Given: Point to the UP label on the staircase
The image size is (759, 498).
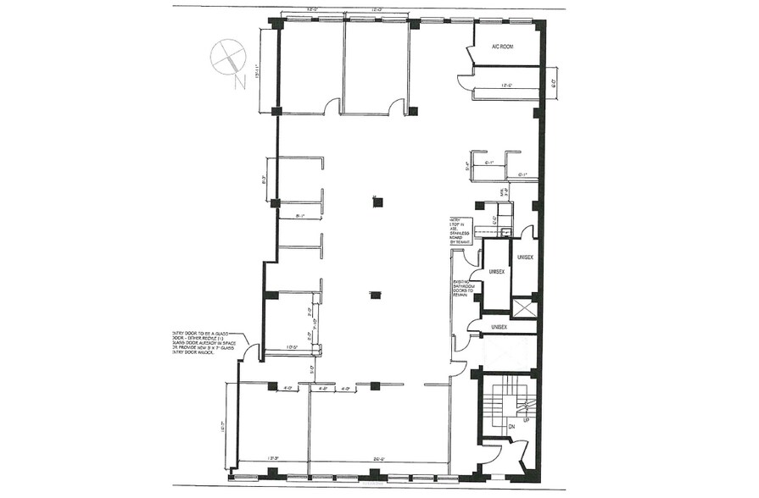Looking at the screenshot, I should coord(525,420).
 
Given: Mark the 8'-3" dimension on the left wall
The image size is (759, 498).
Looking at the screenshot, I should coord(265,180).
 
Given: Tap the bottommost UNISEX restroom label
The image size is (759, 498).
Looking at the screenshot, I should coord(499,327).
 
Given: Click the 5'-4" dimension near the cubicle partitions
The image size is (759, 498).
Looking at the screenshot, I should coord(467,166).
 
